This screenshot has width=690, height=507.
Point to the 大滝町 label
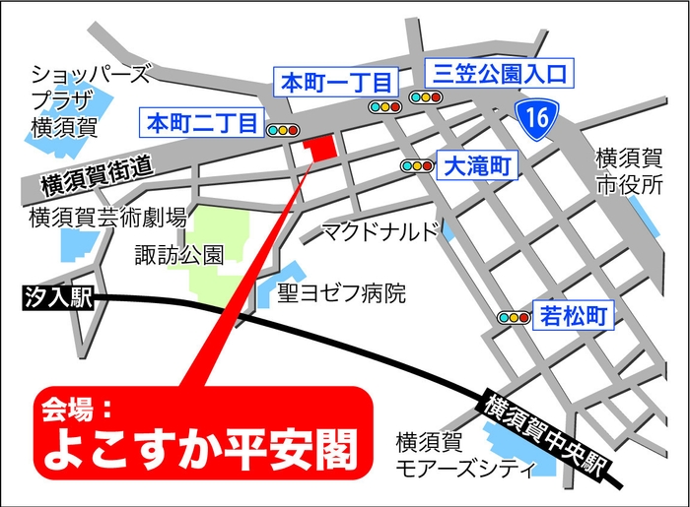[476, 166]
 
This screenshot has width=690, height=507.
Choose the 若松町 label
[573, 316]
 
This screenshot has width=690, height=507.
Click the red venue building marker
[319, 148]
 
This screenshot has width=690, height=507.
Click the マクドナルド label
[380, 232]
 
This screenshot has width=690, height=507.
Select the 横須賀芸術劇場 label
[107, 218]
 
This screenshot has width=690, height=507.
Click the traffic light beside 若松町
[515, 317]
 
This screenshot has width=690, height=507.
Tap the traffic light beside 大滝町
[417, 166]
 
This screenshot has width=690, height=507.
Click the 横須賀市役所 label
[631, 170]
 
